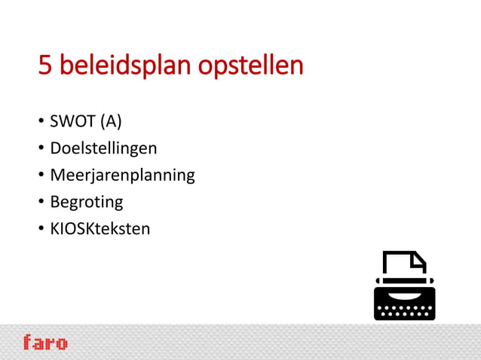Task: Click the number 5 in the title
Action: click(x=45, y=66)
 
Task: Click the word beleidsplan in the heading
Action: click(x=126, y=66)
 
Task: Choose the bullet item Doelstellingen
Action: click(x=103, y=148)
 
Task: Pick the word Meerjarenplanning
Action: click(x=122, y=176)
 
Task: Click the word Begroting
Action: click(x=87, y=203)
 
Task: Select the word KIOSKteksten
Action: click(x=100, y=228)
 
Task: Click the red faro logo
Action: click(x=45, y=343)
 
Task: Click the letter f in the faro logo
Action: click(x=28, y=342)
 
